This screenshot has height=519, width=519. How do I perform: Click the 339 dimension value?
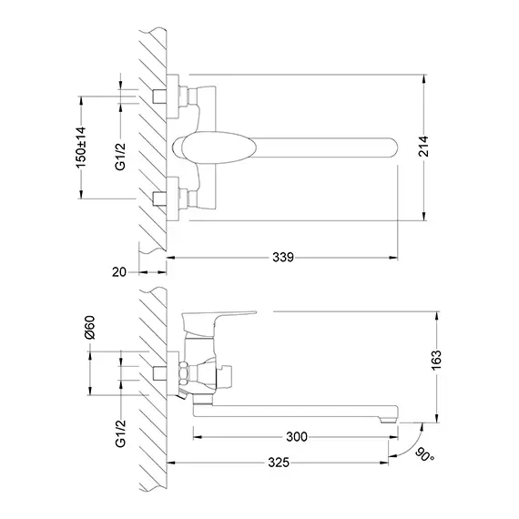(x=283, y=257)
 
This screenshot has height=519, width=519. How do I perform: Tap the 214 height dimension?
(x=423, y=146)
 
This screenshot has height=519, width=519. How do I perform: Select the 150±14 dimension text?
(x=81, y=148)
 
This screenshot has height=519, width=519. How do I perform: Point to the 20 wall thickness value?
(x=119, y=272)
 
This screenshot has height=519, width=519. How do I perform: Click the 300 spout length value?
(x=297, y=437)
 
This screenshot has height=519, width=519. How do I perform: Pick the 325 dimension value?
(x=279, y=463)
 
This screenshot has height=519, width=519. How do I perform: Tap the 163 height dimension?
(x=436, y=361)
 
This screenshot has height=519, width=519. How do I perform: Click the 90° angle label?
(x=424, y=454)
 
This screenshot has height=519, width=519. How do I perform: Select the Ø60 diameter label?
(x=90, y=328)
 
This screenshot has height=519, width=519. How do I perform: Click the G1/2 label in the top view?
(x=120, y=157)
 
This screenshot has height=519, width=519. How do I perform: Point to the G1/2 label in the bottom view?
(x=120, y=433)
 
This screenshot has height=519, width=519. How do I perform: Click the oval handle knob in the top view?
(x=218, y=148)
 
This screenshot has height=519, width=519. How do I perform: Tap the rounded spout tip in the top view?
(x=392, y=148)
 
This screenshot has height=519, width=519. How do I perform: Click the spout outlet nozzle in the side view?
(x=389, y=421)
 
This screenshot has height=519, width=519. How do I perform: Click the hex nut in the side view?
(x=184, y=373)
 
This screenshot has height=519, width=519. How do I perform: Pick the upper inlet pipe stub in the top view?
(x=159, y=96)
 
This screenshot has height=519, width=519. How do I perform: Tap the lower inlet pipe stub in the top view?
(x=159, y=198)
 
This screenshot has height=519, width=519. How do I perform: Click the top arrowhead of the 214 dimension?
(x=423, y=79)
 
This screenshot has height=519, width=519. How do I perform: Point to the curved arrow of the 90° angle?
(x=412, y=446)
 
